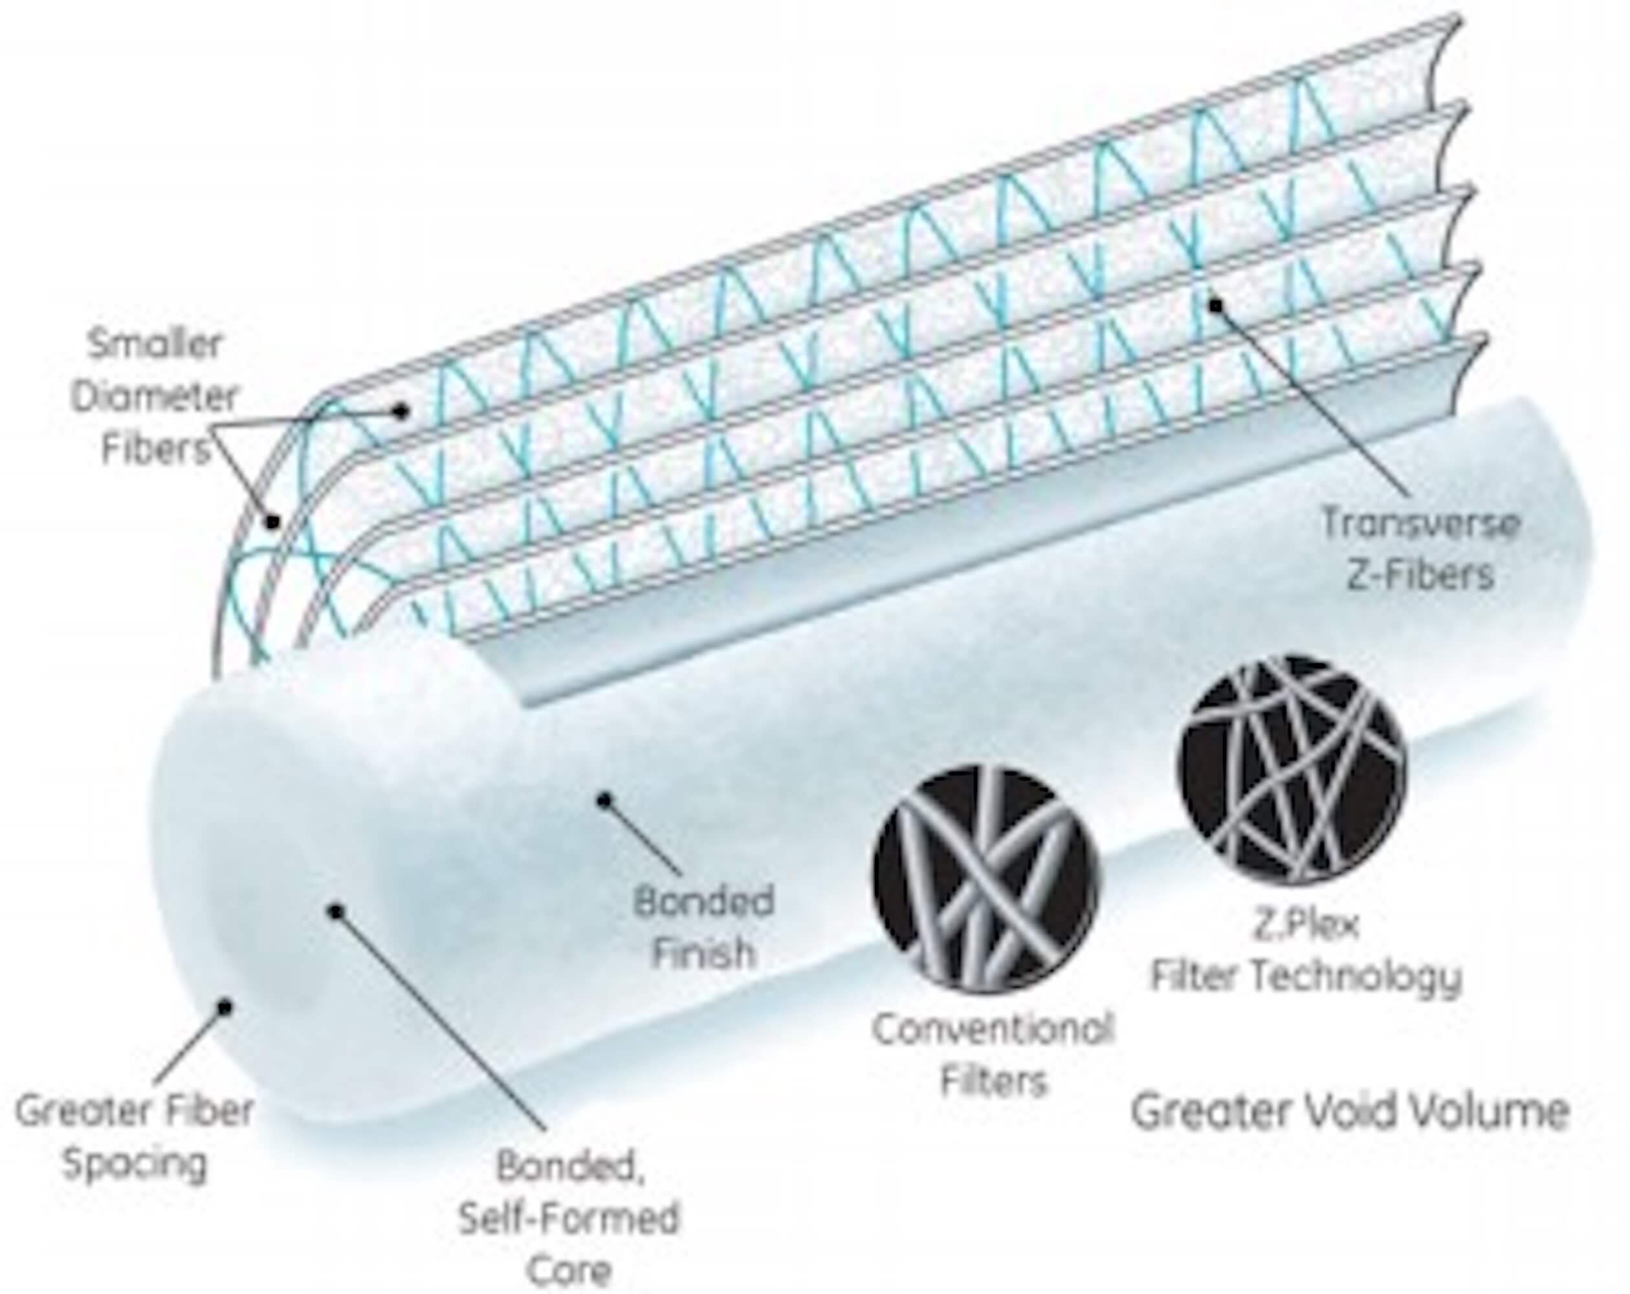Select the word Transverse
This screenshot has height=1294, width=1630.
(1420, 525)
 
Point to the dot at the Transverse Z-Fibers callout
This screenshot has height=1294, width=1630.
(1216, 305)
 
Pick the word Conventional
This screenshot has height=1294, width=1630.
(993, 1029)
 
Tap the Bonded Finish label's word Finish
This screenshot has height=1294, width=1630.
(703, 953)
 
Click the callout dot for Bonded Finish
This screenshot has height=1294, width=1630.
(604, 800)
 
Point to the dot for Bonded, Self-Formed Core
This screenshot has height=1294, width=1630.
(337, 912)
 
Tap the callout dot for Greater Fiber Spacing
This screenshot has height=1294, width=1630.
(225, 1006)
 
